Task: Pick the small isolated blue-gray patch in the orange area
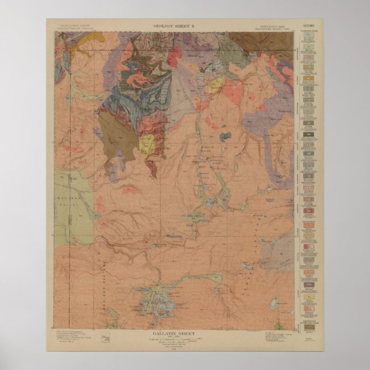tap(226, 137)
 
